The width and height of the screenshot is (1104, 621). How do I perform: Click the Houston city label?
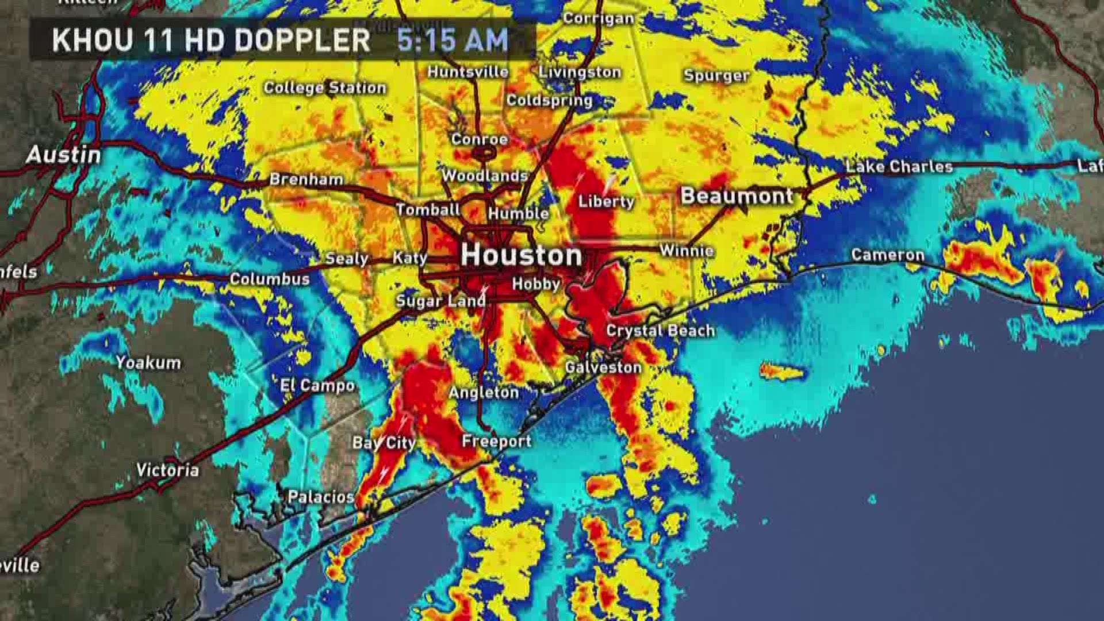(521, 255)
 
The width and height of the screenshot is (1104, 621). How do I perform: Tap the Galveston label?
(603, 367)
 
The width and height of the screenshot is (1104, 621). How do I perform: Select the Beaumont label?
(737, 196)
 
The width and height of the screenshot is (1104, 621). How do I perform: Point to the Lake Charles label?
(899, 167)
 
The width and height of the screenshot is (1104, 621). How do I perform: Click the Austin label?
(63, 155)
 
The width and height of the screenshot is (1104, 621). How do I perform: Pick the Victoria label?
(167, 470)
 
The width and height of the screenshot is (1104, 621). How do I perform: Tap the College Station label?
(325, 87)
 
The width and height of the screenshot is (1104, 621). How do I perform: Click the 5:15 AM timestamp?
(453, 40)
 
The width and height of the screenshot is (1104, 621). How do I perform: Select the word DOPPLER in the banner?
(302, 40)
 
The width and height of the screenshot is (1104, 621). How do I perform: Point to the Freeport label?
(496, 441)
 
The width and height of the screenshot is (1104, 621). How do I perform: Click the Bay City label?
(384, 443)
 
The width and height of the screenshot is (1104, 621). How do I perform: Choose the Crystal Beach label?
(660, 331)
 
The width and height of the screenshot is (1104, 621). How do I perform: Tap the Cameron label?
(887, 255)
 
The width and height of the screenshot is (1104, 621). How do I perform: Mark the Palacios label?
(321, 497)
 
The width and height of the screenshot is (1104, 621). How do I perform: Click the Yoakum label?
(148, 362)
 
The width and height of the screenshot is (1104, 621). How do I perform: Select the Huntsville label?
(467, 72)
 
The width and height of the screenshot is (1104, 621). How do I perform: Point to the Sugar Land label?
(440, 301)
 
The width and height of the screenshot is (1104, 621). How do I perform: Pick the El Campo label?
(317, 385)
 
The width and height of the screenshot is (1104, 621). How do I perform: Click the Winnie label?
(687, 251)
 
